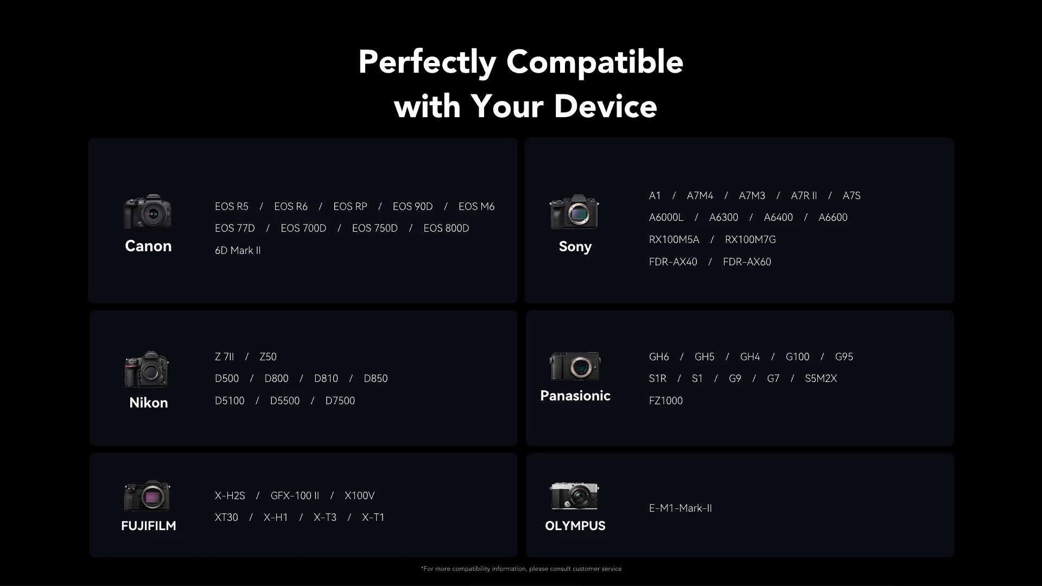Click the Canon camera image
(x=148, y=212)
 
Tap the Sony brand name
(x=575, y=246)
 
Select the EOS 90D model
(x=412, y=207)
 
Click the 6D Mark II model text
(x=238, y=251)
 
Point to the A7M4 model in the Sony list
(x=700, y=196)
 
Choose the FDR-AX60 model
(x=747, y=262)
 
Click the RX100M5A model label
(x=674, y=240)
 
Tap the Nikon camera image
(x=147, y=370)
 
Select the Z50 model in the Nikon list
(x=268, y=357)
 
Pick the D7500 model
(x=340, y=401)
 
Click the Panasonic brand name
(x=575, y=396)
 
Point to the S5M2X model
(x=821, y=379)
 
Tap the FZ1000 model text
(x=666, y=401)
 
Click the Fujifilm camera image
(x=147, y=495)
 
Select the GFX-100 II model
(x=295, y=496)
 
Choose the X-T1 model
(x=373, y=518)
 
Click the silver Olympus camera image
(x=575, y=496)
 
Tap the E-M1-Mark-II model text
(x=681, y=508)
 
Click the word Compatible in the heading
(x=595, y=62)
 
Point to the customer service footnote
(x=521, y=569)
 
